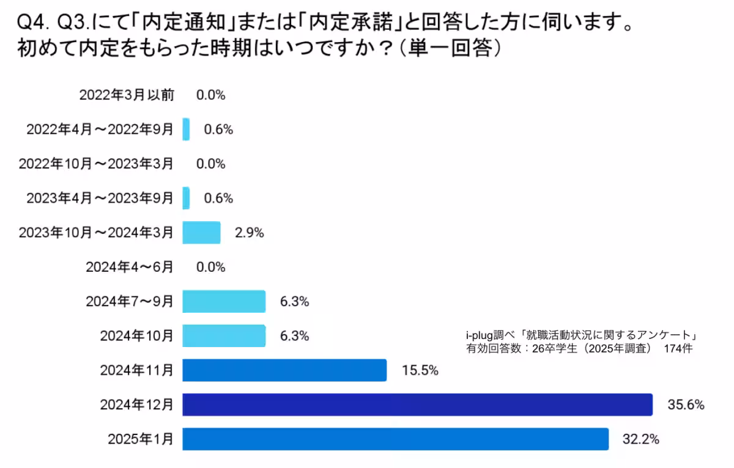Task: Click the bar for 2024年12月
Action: [417, 404]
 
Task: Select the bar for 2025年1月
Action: [395, 439]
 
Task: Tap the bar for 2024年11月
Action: [284, 370]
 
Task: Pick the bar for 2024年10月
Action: [224, 335]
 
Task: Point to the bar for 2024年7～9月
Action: [224, 301]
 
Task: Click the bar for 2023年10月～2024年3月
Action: [201, 233]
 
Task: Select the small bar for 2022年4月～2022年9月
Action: [186, 130]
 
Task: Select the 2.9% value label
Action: [249, 233]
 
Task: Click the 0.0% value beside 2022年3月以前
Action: [211, 95]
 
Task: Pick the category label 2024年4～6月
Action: [130, 267]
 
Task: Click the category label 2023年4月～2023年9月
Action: [100, 198]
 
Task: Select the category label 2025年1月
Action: [141, 439]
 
